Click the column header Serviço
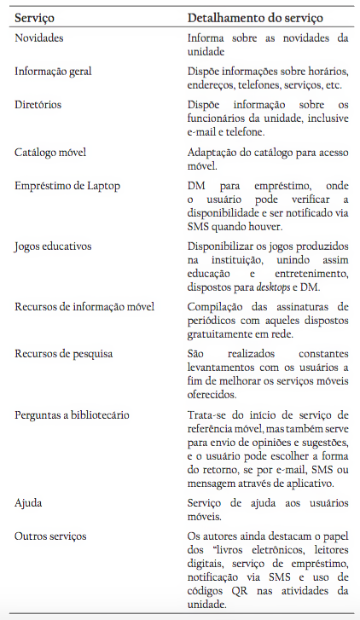[37, 17]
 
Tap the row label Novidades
[39, 38]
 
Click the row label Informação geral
[53, 71]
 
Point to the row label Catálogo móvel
[51, 152]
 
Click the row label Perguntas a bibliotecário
[72, 414]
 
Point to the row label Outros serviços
[49, 536]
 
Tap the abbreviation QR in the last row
[247, 590]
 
